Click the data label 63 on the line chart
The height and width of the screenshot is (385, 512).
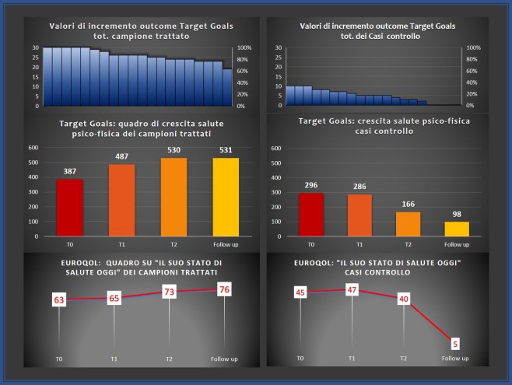click(x=59, y=299)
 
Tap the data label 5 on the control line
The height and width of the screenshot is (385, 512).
click(x=455, y=341)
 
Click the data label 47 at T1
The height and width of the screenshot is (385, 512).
click(x=352, y=289)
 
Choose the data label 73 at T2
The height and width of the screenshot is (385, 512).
click(x=170, y=292)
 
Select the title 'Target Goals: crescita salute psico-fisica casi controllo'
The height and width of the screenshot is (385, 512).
click(x=377, y=126)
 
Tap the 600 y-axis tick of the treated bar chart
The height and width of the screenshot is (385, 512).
click(x=33, y=147)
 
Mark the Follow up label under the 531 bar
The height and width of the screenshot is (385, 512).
click(x=225, y=243)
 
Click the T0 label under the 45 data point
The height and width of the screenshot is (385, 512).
click(x=300, y=359)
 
